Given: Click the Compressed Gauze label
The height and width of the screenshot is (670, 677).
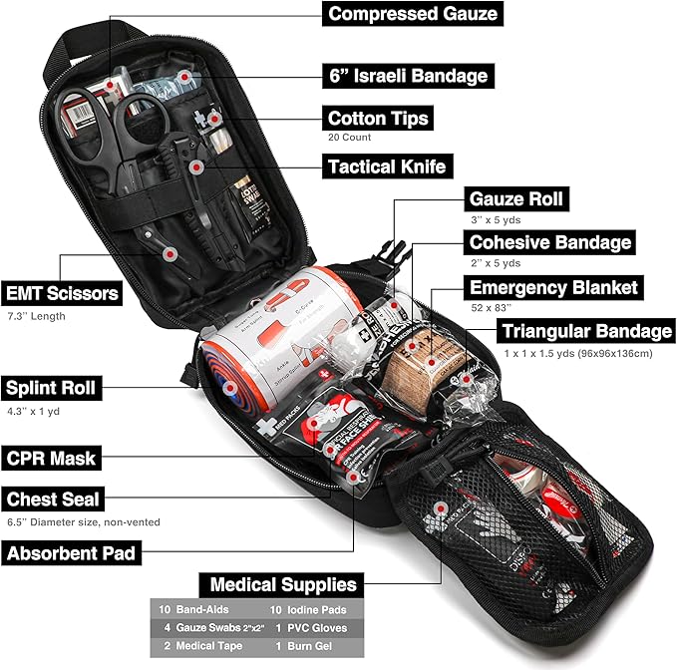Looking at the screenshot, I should pos(411,15).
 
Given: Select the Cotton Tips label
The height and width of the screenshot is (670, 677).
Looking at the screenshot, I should pos(378,119).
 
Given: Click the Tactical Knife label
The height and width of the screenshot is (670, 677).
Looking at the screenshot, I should pos(386,166).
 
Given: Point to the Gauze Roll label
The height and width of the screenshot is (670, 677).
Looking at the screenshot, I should pos(515,198).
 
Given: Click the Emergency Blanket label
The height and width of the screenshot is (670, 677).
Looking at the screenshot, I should pos(553,288).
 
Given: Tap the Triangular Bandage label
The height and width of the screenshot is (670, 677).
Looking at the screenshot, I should pos(586,331).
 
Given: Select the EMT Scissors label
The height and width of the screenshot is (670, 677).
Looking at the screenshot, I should pos(63,294).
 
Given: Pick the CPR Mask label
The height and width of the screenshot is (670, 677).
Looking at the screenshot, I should pos(51,459).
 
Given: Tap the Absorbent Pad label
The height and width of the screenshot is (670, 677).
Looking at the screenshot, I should pos(70,551).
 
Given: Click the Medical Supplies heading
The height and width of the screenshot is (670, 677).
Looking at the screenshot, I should pos(282,584).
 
